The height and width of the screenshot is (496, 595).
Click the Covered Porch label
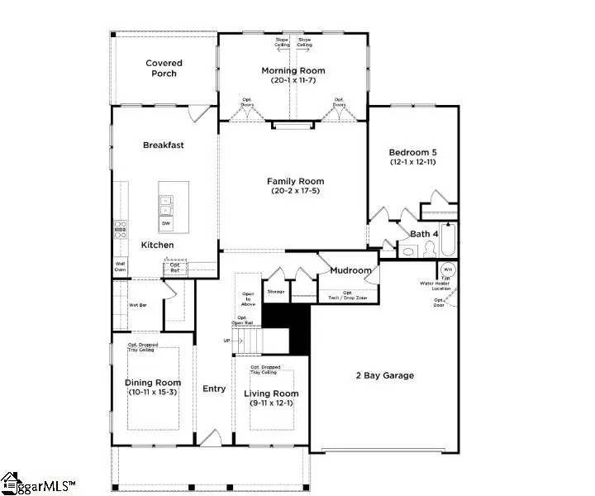[164, 68]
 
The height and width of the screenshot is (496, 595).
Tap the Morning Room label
[293, 71]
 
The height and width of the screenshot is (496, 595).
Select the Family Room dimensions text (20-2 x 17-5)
[295, 192]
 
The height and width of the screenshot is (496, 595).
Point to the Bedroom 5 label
[413, 152]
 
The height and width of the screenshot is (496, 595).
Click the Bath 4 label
[424, 234]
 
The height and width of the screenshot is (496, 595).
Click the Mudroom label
[350, 270]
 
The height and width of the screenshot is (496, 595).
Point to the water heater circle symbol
[447, 270]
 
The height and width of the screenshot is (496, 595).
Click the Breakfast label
[164, 145]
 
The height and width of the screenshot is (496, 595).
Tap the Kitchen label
[157, 246]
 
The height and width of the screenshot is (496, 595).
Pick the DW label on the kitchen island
[166, 223]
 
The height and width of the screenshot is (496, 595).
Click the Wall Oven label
[121, 267]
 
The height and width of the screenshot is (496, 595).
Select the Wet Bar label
[137, 304]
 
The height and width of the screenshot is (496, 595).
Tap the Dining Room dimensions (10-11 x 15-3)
[153, 392]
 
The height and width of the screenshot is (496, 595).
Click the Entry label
[215, 388]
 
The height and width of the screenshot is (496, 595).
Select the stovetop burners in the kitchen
[121, 229]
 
